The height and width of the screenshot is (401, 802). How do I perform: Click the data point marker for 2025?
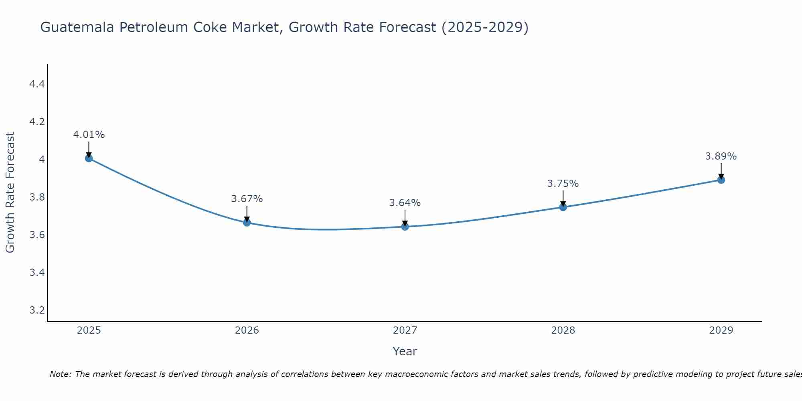click(89, 158)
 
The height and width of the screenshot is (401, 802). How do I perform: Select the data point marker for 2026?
click(247, 223)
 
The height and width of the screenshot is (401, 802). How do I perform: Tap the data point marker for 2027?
click(405, 227)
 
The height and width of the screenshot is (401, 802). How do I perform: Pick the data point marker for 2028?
click(563, 207)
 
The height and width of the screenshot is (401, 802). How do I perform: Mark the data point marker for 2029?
click(721, 180)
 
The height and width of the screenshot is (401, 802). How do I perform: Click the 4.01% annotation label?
click(89, 135)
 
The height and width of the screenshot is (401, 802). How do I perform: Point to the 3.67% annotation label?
click(247, 199)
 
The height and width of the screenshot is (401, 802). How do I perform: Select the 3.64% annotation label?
click(405, 203)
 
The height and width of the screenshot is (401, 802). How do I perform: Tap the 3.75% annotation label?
click(563, 184)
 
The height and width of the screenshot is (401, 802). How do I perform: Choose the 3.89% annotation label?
click(721, 156)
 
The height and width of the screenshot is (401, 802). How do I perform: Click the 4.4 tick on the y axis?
click(37, 84)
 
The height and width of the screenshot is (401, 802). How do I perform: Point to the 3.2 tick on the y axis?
click(37, 310)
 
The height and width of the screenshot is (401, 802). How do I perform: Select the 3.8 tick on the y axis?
click(37, 197)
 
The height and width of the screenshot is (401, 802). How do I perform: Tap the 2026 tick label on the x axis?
click(247, 330)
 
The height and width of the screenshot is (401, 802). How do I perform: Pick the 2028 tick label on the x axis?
click(563, 330)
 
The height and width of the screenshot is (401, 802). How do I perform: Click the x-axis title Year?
click(405, 351)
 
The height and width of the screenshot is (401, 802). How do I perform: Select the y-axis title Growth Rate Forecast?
click(10, 192)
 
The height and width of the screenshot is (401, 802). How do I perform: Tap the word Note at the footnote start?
click(60, 374)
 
